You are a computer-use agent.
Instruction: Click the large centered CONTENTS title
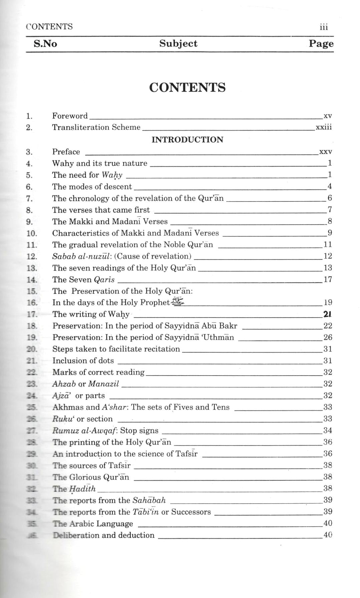[187, 87]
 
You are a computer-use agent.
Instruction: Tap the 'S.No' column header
[45, 44]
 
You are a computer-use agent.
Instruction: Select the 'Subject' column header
[178, 44]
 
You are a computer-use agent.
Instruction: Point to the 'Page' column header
[321, 44]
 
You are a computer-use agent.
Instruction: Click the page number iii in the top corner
[324, 27]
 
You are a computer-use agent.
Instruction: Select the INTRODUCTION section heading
[187, 140]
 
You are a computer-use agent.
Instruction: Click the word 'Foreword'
[70, 116]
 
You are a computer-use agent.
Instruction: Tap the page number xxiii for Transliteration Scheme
[323, 127]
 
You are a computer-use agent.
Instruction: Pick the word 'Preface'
[66, 152]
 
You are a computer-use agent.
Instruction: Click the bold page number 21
[327, 314]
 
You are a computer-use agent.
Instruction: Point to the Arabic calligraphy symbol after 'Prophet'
[178, 302]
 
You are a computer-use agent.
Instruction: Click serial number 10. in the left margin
[32, 233]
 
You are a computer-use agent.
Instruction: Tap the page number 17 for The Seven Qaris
[328, 279]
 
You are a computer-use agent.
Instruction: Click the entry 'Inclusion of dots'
[83, 361]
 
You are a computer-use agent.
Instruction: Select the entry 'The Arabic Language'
[93, 524]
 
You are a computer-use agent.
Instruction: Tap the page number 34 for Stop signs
[328, 431]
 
